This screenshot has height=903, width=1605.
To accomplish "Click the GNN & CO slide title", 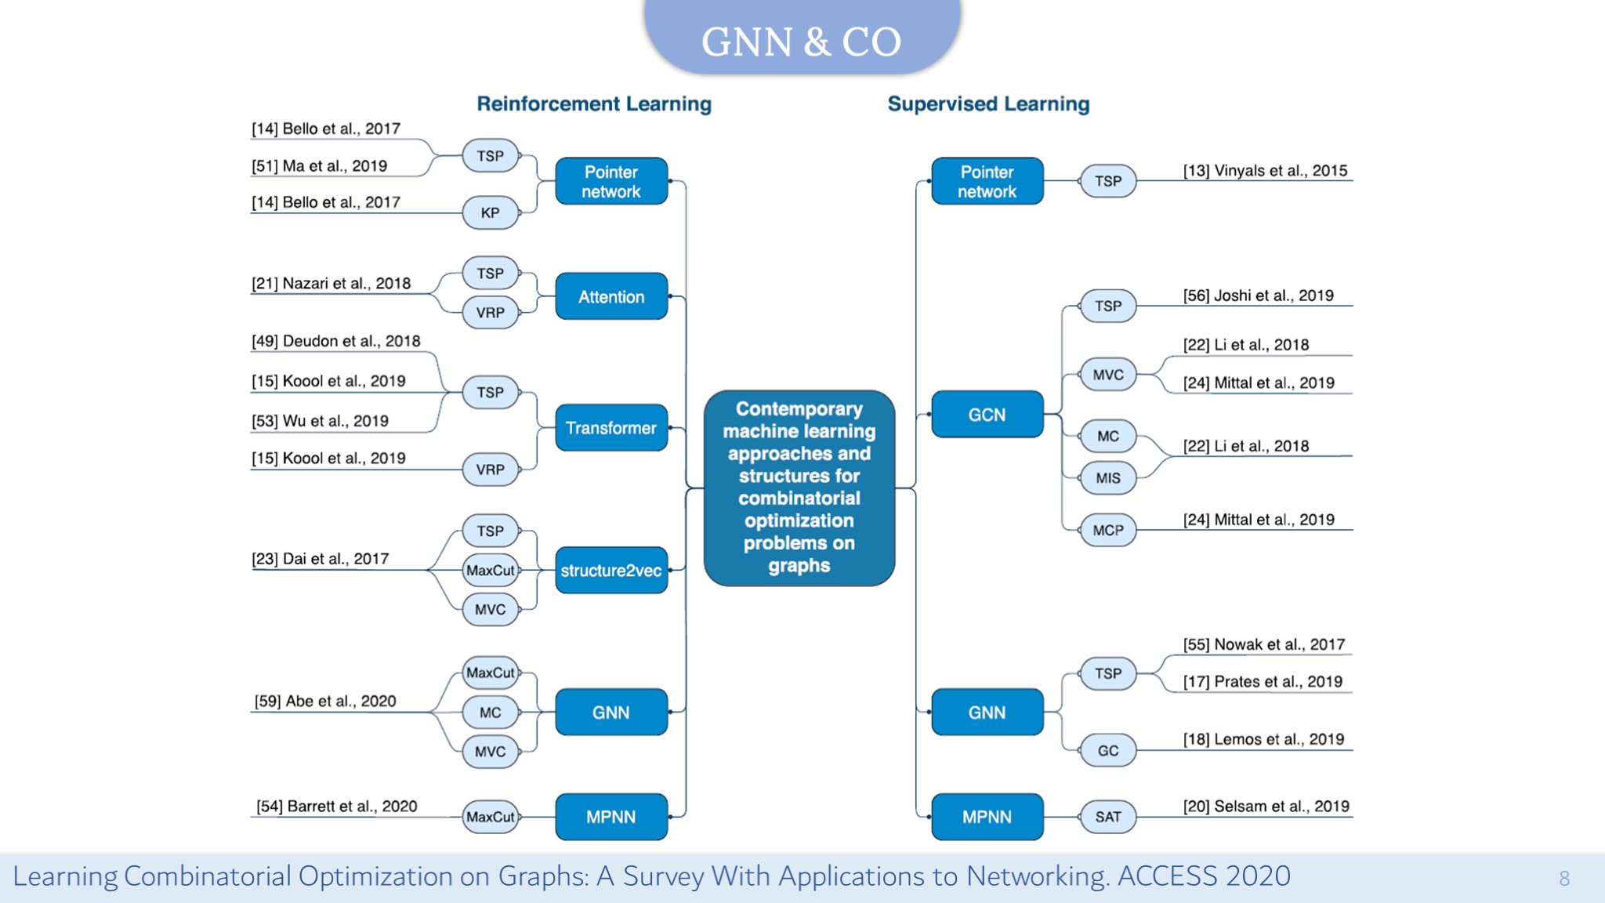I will click(x=801, y=42).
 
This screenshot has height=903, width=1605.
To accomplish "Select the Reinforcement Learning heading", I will click(x=594, y=103).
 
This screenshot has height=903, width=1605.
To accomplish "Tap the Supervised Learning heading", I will click(x=988, y=103).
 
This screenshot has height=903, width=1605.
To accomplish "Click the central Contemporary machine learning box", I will click(x=799, y=488).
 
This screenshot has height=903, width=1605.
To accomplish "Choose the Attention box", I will click(x=611, y=297).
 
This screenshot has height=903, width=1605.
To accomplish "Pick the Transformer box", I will click(x=611, y=428).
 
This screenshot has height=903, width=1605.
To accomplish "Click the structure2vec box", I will click(x=611, y=571).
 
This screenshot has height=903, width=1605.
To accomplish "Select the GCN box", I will click(x=987, y=415).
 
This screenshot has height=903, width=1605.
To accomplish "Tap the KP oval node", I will click(x=491, y=212).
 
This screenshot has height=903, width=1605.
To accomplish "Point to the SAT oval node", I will click(x=1108, y=817).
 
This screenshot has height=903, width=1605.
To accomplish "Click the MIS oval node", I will click(x=1108, y=478).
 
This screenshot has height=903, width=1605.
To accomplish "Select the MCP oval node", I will click(x=1108, y=531).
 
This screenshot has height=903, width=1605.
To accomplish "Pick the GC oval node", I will click(x=1108, y=751).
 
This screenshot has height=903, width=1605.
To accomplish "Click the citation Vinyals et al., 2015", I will click(x=1265, y=171).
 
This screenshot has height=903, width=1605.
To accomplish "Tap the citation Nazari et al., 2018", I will click(x=331, y=284).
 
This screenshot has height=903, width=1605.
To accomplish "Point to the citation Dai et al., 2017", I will click(x=320, y=559).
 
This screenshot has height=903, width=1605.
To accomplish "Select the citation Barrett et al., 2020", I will click(x=336, y=807).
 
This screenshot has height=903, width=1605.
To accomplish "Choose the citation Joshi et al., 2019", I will click(x=1258, y=296).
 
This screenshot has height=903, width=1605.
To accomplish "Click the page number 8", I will click(x=1564, y=879).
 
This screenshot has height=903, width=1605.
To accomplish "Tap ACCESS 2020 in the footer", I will click(x=1204, y=876).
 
